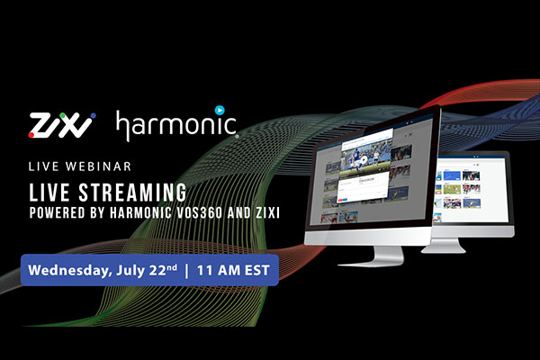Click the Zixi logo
click(x=62, y=125)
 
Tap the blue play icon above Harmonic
click(x=220, y=110)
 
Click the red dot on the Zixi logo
click(x=31, y=135)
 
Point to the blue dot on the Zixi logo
click(x=93, y=116)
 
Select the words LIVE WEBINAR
click(x=80, y=166)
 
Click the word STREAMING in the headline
click(x=132, y=193)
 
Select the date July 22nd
click(x=147, y=270)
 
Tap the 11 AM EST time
click(x=233, y=270)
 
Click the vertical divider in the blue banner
click(x=186, y=270)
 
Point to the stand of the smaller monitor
click(x=445, y=246)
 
